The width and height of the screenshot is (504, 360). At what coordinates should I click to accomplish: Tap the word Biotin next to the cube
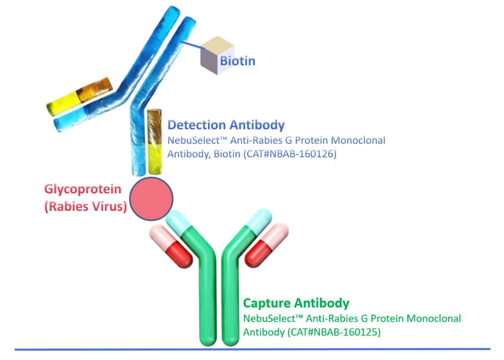(x=237, y=61)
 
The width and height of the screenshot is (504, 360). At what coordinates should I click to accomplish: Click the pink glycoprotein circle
(x=151, y=198)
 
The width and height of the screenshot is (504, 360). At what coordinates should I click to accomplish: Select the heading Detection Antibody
(x=226, y=125)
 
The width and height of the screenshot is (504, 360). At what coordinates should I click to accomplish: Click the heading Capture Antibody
(x=296, y=303)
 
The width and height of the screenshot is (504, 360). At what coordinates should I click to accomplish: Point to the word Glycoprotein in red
(x=83, y=189)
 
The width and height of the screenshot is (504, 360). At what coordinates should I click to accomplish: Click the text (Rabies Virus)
(x=85, y=208)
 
